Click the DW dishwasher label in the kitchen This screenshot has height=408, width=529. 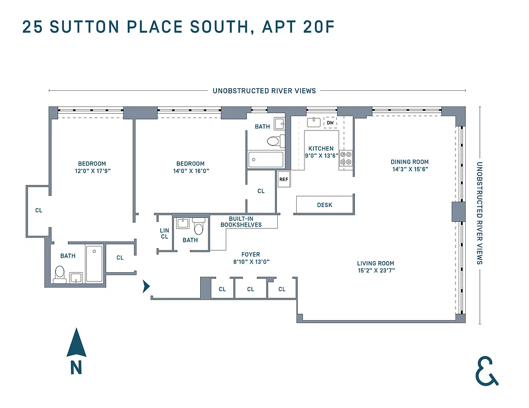[x=330, y=123]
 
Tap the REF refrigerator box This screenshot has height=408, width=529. [x=283, y=180]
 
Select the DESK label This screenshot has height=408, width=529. [x=325, y=205]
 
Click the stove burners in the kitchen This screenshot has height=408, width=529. [x=347, y=158]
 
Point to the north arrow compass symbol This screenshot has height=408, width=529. [x=76, y=343]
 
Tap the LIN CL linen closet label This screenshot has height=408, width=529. [x=164, y=234]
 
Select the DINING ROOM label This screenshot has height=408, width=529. [x=410, y=162]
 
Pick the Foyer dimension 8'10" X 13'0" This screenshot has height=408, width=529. [x=251, y=262]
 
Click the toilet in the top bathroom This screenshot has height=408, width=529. [x=273, y=141]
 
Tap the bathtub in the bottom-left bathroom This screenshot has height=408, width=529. [x=94, y=264]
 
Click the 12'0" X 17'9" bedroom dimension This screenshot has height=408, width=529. [x=92, y=171]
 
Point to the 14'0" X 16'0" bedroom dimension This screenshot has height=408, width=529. [x=190, y=171]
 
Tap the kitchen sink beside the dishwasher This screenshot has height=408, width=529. [x=314, y=122]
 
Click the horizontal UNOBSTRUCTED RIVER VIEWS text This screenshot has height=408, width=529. [x=264, y=91]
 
